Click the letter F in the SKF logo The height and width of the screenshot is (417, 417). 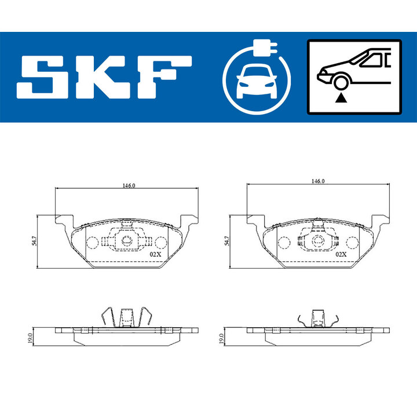coord(163,77)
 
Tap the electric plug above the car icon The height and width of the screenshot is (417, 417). coord(265,48)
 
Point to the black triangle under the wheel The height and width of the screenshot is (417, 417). coord(341,98)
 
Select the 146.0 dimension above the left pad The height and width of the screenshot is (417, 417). coord(129,185)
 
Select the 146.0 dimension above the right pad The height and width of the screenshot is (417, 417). coord(318,181)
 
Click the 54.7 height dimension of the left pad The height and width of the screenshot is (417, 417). coord(34,240)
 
